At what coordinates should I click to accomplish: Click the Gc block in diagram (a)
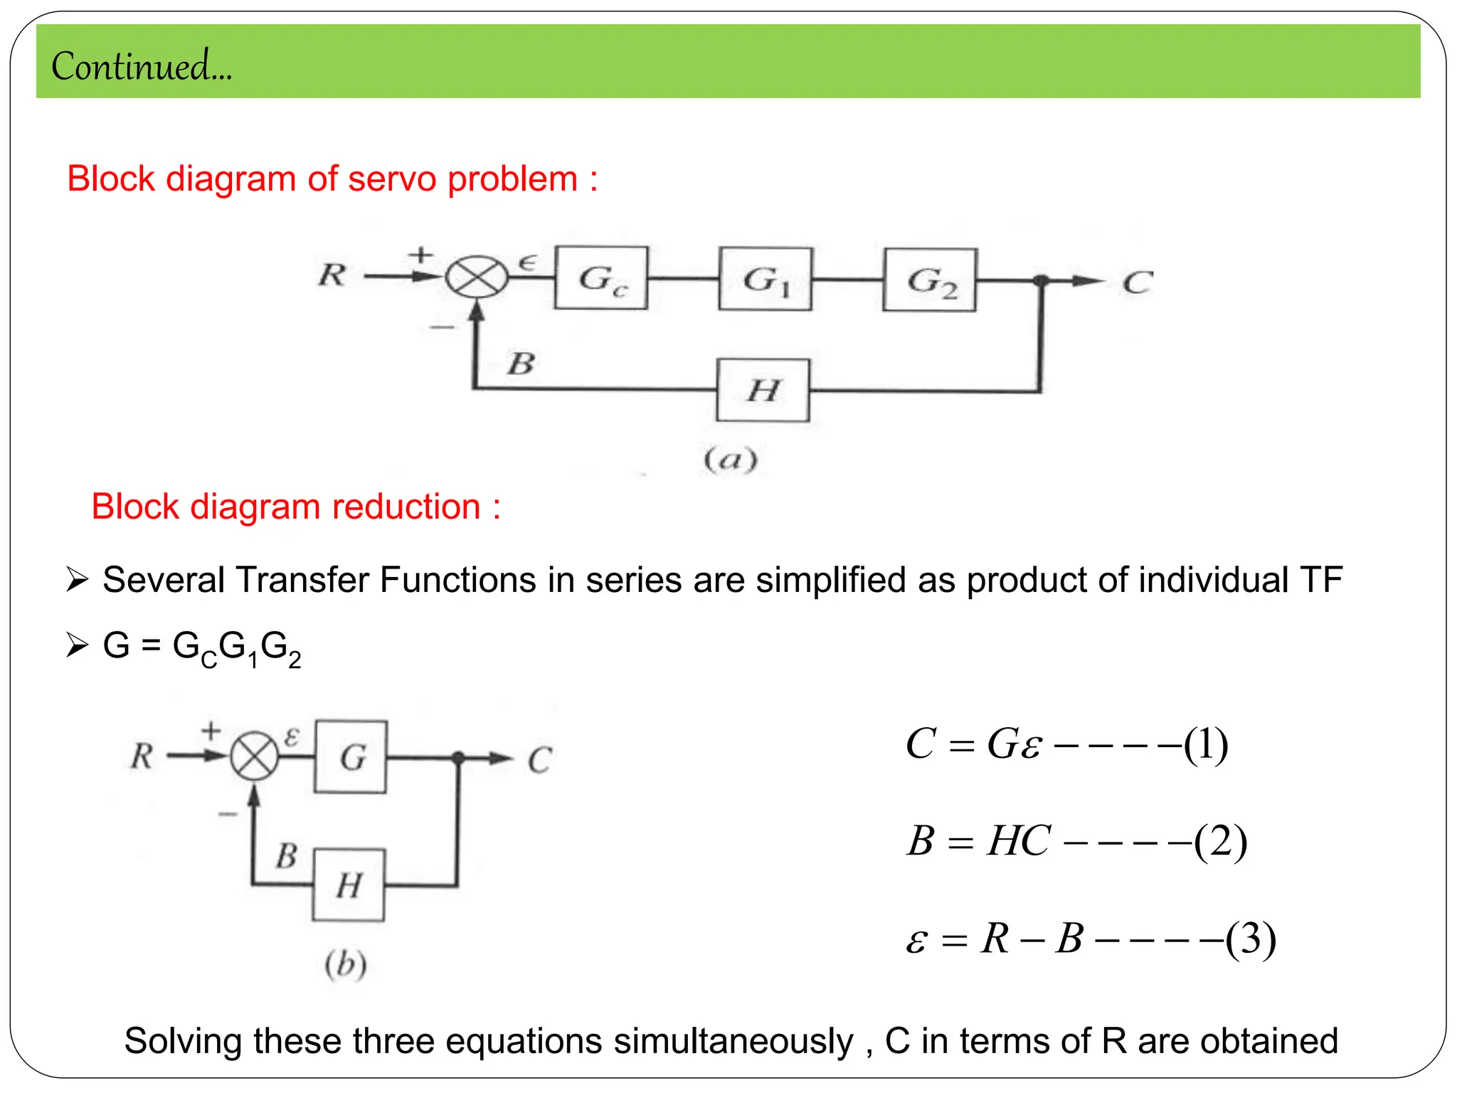tap(601, 278)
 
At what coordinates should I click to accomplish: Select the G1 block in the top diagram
tap(765, 279)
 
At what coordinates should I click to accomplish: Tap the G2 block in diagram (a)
tap(930, 280)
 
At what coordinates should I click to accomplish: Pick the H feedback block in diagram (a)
tap(763, 390)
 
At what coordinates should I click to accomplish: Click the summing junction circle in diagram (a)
tap(477, 277)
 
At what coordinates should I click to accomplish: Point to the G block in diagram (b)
tap(351, 756)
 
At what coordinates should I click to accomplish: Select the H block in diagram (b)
tap(349, 885)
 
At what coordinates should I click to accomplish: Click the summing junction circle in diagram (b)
tap(255, 756)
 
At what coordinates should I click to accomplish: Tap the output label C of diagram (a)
tap(1137, 283)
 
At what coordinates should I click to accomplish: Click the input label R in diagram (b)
tap(142, 756)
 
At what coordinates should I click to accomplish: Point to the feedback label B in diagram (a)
tap(521, 364)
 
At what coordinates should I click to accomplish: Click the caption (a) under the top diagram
tap(731, 460)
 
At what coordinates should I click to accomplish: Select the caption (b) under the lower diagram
tap(346, 965)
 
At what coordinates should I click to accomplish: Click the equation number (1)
tap(1206, 745)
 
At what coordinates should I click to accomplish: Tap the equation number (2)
tap(1221, 842)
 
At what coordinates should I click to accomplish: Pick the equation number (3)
tap(1251, 939)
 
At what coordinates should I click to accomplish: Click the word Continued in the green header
tap(132, 66)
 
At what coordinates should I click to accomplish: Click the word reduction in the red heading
tap(406, 507)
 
